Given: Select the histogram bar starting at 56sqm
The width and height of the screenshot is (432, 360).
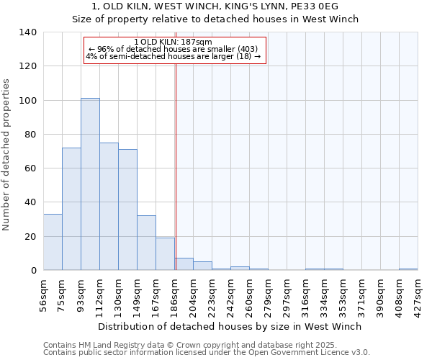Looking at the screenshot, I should (53, 242).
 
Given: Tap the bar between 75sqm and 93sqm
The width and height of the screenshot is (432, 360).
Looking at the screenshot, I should (71, 209).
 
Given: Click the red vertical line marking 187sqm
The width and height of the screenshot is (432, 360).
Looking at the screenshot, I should (176, 166).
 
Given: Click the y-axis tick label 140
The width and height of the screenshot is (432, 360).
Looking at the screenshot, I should (28, 32).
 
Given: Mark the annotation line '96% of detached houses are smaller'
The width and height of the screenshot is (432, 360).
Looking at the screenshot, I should (175, 49).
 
